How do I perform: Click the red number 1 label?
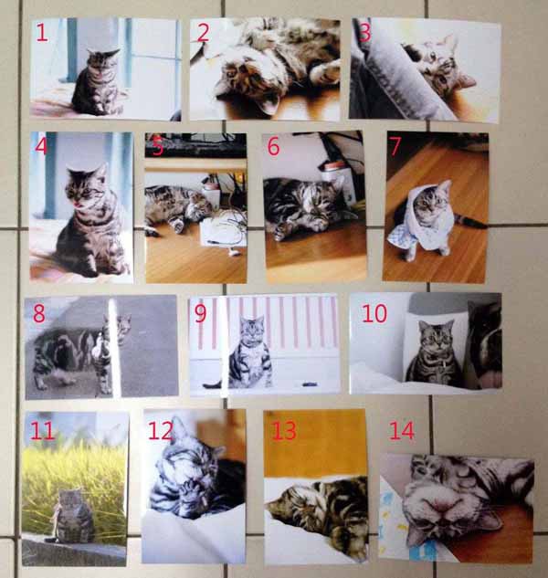(x=42, y=32)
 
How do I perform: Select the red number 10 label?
(x=374, y=313)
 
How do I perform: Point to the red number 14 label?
(x=402, y=431)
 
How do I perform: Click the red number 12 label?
(x=161, y=431)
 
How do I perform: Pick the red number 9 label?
(x=200, y=313)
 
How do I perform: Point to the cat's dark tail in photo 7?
(x=472, y=222)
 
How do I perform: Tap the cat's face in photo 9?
(x=252, y=330)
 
